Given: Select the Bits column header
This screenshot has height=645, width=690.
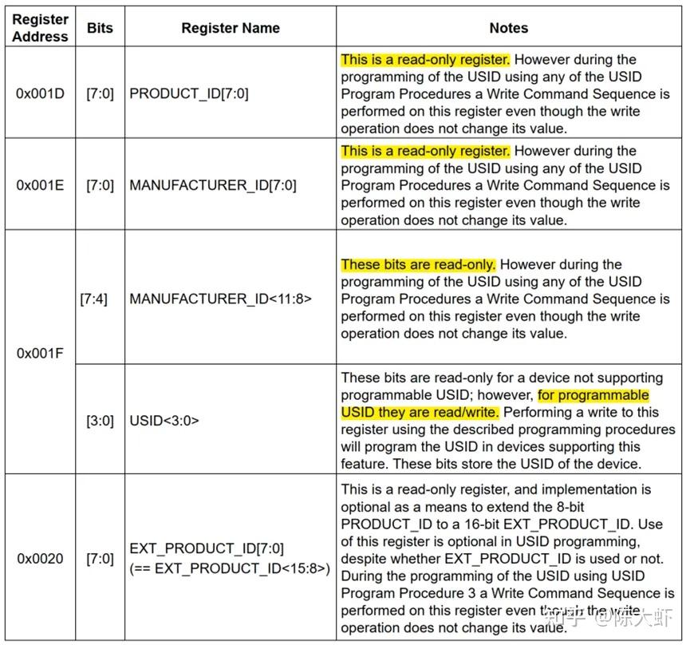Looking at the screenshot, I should pyautogui.click(x=100, y=28).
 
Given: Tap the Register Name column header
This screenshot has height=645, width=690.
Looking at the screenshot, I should pyautogui.click(x=231, y=28).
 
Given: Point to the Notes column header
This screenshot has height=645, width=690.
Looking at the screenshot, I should pyautogui.click(x=508, y=28).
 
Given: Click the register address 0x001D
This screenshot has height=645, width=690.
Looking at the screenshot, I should pyautogui.click(x=40, y=93).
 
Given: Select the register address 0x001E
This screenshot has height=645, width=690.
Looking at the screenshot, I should pyautogui.click(x=40, y=185).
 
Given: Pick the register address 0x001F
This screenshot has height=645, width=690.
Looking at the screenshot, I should pyautogui.click(x=40, y=352).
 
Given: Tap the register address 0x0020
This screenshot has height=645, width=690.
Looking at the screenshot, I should pyautogui.click(x=40, y=559).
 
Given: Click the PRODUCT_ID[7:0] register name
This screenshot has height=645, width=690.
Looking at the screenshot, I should pyautogui.click(x=189, y=93).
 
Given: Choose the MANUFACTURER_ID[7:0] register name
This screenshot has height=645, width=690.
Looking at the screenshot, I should pyautogui.click(x=213, y=185).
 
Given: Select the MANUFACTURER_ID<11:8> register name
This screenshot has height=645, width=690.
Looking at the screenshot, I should pyautogui.click(x=221, y=299).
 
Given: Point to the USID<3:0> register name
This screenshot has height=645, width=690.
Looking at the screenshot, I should pyautogui.click(x=164, y=420).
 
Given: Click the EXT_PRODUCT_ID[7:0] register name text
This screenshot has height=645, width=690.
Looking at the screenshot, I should pyautogui.click(x=207, y=549).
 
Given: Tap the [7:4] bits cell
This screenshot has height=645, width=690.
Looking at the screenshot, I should pyautogui.click(x=94, y=299).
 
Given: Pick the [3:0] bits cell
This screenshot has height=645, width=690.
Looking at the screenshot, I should pyautogui.click(x=100, y=420).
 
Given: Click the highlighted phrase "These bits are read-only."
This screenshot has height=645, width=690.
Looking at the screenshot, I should pyautogui.click(x=419, y=264).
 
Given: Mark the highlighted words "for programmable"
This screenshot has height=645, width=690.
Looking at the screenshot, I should pyautogui.click(x=593, y=395).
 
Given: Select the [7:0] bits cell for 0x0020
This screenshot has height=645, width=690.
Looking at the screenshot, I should pyautogui.click(x=100, y=559).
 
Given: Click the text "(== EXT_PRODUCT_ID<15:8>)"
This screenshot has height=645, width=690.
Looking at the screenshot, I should pyautogui.click(x=230, y=568).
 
